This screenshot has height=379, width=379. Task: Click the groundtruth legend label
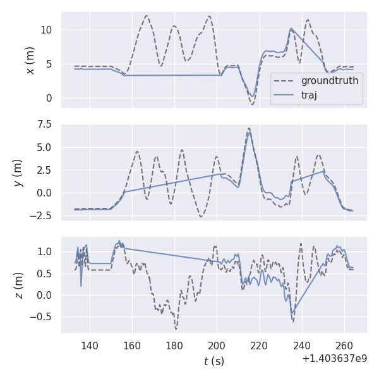coord(329,81)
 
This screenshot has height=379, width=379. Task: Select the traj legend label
coord(309,95)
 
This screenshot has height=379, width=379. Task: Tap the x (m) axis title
coord(30,60)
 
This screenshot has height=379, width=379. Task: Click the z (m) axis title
coord(18,285)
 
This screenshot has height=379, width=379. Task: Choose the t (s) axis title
coord(214,361)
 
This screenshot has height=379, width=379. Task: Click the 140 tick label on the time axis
coord(90,346)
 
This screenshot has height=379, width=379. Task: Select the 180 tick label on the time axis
coord(174,346)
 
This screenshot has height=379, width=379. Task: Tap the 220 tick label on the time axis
coord(260,346)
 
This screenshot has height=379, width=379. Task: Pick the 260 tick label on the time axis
coord(344,346)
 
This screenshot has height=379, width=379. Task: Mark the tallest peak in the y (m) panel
coord(250,129)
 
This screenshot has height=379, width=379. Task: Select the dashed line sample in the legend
coord(285,81)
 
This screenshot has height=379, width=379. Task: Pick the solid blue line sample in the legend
coord(285,95)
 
